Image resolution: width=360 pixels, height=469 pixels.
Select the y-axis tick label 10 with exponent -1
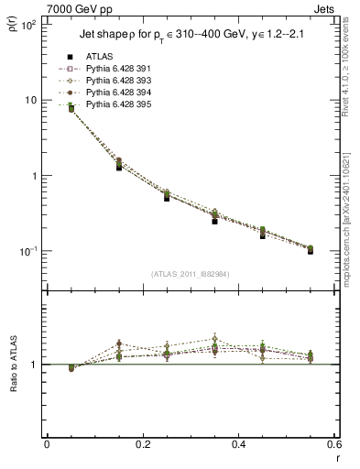[x=27, y=251]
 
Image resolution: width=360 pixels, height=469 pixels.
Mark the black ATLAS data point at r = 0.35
[x=214, y=221]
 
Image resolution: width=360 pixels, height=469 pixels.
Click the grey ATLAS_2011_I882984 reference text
[x=190, y=274]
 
